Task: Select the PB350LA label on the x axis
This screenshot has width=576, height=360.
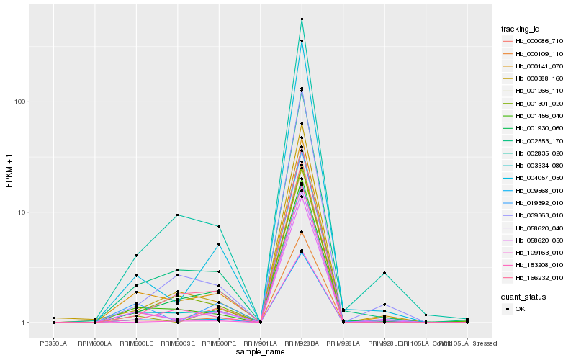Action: pos(53,343)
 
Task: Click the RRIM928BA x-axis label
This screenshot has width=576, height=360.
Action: pos(302,343)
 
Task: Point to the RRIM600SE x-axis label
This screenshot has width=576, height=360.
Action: pos(177,343)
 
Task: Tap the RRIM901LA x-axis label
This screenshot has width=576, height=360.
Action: pos(260,343)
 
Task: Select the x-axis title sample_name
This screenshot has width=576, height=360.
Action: pos(260,353)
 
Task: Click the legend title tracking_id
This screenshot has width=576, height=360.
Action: pos(521,29)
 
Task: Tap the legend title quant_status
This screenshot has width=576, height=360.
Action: pos(523,296)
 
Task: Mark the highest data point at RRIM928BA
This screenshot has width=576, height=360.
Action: pos(302,19)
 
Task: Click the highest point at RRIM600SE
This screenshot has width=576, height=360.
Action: pos(177,215)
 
